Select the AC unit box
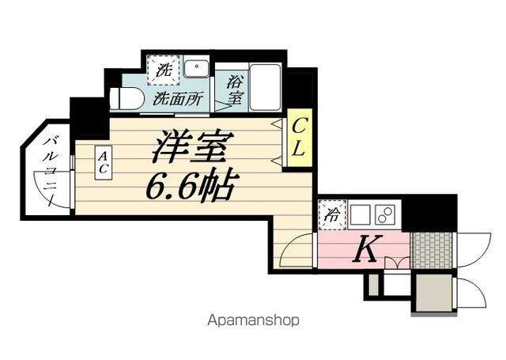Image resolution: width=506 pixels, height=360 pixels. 104,163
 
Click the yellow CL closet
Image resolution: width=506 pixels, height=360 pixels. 300,138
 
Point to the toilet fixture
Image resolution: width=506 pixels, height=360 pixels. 126,98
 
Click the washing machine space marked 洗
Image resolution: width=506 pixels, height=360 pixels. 164,70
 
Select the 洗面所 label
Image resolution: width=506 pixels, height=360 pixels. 178,98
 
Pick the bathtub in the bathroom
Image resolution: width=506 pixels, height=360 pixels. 266,88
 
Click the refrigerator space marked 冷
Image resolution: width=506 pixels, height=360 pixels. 333,214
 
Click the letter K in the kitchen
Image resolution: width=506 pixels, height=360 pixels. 367,248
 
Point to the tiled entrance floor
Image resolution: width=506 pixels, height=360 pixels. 432,250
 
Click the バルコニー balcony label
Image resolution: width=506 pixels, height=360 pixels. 51,172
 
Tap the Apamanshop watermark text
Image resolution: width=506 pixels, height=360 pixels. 253,320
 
